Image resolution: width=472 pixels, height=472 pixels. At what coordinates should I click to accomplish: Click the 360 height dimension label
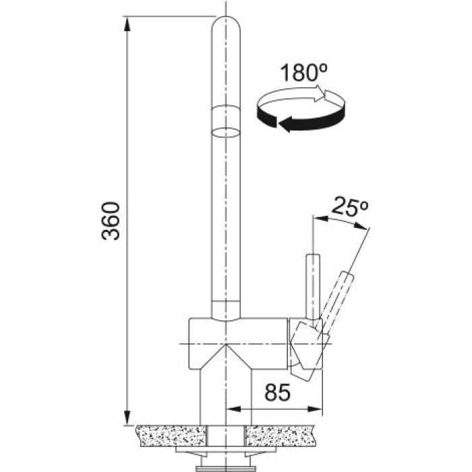click(x=111, y=221)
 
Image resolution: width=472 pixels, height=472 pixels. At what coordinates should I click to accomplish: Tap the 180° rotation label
click(x=303, y=73)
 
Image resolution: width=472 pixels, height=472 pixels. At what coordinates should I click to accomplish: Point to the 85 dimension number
click(x=278, y=392)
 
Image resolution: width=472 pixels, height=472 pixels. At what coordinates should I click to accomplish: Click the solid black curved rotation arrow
click(x=301, y=117)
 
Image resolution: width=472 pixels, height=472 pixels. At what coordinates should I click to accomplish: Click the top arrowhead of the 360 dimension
click(x=127, y=24)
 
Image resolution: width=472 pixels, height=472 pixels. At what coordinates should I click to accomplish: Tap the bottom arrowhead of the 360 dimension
click(x=127, y=417)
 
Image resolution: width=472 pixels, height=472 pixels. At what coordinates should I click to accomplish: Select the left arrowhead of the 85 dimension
click(x=233, y=409)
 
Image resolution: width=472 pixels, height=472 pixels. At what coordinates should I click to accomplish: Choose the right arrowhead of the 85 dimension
click(x=315, y=409)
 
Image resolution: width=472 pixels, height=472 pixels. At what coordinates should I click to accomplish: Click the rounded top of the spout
click(x=226, y=24)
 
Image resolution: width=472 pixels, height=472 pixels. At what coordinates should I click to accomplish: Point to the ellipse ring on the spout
click(x=226, y=132)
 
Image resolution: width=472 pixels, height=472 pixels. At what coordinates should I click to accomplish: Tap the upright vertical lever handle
click(x=313, y=287)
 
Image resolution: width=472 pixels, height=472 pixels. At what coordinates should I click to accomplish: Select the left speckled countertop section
click(x=171, y=436)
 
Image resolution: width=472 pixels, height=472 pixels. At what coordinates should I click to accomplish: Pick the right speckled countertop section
click(x=281, y=436)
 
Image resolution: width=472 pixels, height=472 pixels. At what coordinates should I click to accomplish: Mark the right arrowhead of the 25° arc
click(x=361, y=227)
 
